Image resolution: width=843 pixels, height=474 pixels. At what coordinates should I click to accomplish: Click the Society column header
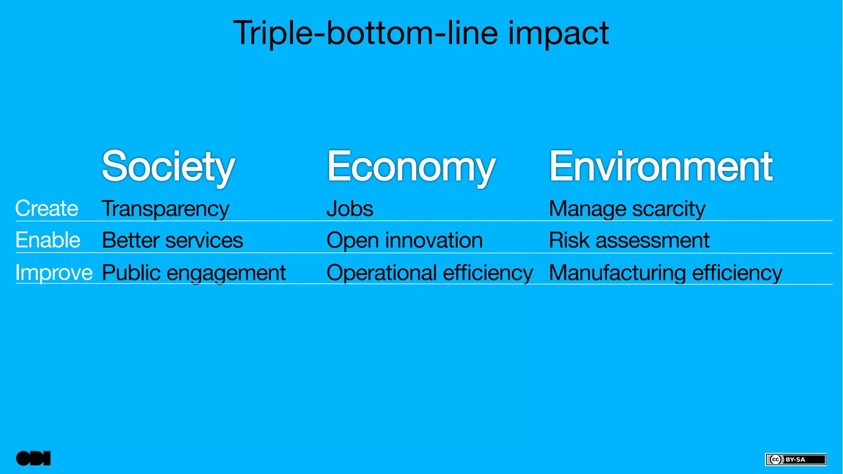click(x=168, y=166)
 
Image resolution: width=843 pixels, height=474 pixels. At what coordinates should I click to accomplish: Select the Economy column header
click(x=411, y=166)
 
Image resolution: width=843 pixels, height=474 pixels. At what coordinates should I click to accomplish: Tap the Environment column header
click(x=661, y=166)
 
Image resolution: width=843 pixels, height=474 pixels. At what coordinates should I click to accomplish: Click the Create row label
click(x=47, y=208)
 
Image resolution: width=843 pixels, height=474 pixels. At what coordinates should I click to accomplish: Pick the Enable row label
click(x=48, y=240)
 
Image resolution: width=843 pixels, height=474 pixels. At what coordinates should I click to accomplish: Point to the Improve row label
click(x=54, y=273)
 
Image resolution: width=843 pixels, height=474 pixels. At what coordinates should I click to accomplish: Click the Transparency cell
click(x=165, y=209)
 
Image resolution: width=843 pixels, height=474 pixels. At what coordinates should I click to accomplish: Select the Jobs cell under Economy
click(x=350, y=209)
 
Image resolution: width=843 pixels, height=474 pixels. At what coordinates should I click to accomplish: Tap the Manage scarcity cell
click(x=627, y=209)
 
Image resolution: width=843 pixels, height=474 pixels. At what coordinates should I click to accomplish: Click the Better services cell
click(x=172, y=241)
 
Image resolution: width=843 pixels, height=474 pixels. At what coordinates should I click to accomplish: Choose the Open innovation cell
click(x=404, y=241)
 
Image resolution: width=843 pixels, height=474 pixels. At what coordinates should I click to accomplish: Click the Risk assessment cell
click(x=629, y=241)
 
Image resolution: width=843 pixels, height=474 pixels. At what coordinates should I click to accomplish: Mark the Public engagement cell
click(x=193, y=273)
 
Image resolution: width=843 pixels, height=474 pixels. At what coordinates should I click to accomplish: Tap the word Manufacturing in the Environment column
click(x=617, y=273)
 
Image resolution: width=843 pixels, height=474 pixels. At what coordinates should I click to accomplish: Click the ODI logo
click(x=33, y=458)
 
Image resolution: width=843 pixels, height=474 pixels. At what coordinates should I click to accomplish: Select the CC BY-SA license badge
click(x=796, y=459)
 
